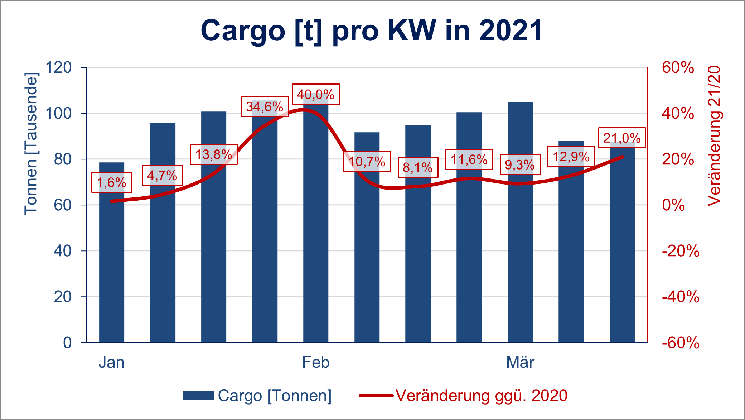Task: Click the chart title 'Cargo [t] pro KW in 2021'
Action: (371, 31)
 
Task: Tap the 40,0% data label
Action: (316, 94)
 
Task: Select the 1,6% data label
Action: (112, 182)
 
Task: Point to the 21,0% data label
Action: (622, 138)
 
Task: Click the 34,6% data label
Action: (265, 106)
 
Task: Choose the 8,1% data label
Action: (418, 167)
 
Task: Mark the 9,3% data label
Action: (520, 165)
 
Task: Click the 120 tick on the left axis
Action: (58, 67)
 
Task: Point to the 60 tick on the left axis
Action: (63, 205)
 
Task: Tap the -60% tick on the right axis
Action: (680, 343)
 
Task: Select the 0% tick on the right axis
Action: (673, 205)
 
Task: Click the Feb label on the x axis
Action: (315, 362)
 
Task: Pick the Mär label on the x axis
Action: (520, 362)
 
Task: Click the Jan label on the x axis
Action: (111, 362)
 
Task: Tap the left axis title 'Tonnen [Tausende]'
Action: (31, 143)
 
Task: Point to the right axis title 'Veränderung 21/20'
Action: (714, 136)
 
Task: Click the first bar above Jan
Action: (112, 269)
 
